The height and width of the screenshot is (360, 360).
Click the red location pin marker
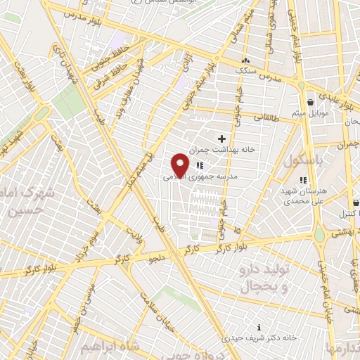click(x=181, y=165)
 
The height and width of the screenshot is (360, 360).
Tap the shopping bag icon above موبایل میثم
click(x=310, y=103)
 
